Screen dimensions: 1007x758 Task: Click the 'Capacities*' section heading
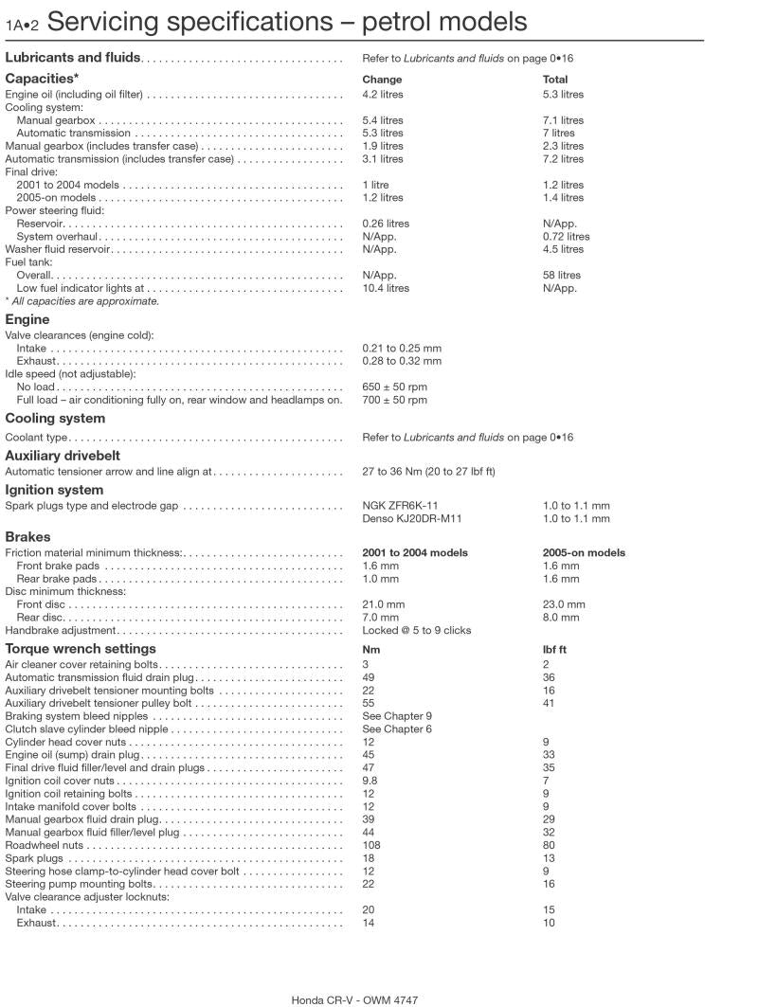[42, 79]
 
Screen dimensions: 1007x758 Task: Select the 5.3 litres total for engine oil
[563, 95]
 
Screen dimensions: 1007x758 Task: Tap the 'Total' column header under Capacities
[555, 80]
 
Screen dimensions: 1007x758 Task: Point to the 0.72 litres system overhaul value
[566, 237]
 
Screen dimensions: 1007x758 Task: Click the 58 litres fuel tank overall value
[562, 276]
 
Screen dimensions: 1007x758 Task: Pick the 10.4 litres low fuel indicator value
[386, 288]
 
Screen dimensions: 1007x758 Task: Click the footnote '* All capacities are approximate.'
[82, 301]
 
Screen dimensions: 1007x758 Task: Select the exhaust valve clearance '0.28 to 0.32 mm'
[402, 361]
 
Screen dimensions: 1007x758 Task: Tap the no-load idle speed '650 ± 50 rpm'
[394, 387]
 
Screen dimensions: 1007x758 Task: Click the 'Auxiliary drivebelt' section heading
[63, 456]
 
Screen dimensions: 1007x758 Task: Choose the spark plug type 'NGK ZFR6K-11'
[400, 506]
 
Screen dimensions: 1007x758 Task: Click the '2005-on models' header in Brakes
[584, 553]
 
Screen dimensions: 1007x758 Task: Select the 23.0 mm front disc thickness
[564, 604]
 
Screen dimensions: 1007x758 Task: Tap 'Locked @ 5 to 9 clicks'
[416, 630]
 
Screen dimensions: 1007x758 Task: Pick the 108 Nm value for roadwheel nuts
[371, 845]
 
